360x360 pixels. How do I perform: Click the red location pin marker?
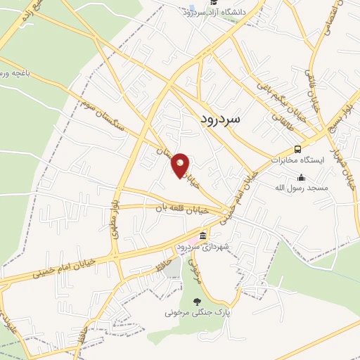pyautogui.click(x=181, y=165)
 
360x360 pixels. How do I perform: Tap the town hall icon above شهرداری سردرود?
pyautogui.click(x=202, y=236)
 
